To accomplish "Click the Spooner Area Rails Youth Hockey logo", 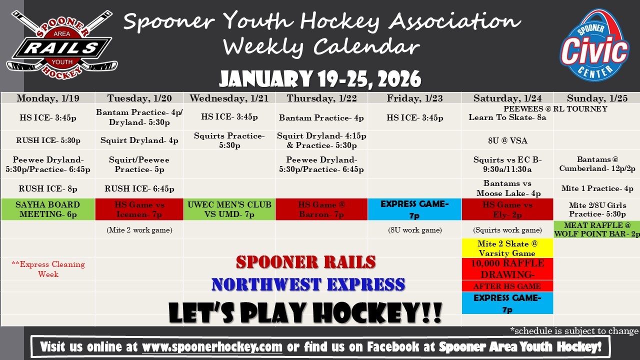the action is pos(61,45).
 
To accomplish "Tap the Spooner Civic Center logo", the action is pos(594,45).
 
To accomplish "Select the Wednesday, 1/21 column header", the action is pos(229,98).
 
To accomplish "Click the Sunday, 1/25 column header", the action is pos(597,98).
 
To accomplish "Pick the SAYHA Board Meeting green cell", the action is pos(48,209).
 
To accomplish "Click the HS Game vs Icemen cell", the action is pos(139,209).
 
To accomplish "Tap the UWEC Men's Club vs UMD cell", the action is pos(229,209).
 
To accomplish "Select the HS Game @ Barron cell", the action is pos(321,209).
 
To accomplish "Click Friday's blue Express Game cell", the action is pos(414,209).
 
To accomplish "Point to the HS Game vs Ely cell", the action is pos(507,209).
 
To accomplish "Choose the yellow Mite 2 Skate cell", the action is pos(507,248).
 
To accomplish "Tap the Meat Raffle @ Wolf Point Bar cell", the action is pos(597,229).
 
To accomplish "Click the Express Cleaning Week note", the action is pos(48,269).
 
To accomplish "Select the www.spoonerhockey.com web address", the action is pos(212,347).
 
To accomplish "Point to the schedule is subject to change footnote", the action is pos(574,331).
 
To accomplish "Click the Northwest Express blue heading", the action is pos(308,284).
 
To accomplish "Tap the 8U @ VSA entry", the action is pos(507,140).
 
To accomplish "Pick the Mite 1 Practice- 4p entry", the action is pos(597,188).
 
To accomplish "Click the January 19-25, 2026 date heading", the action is pos(320,79).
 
